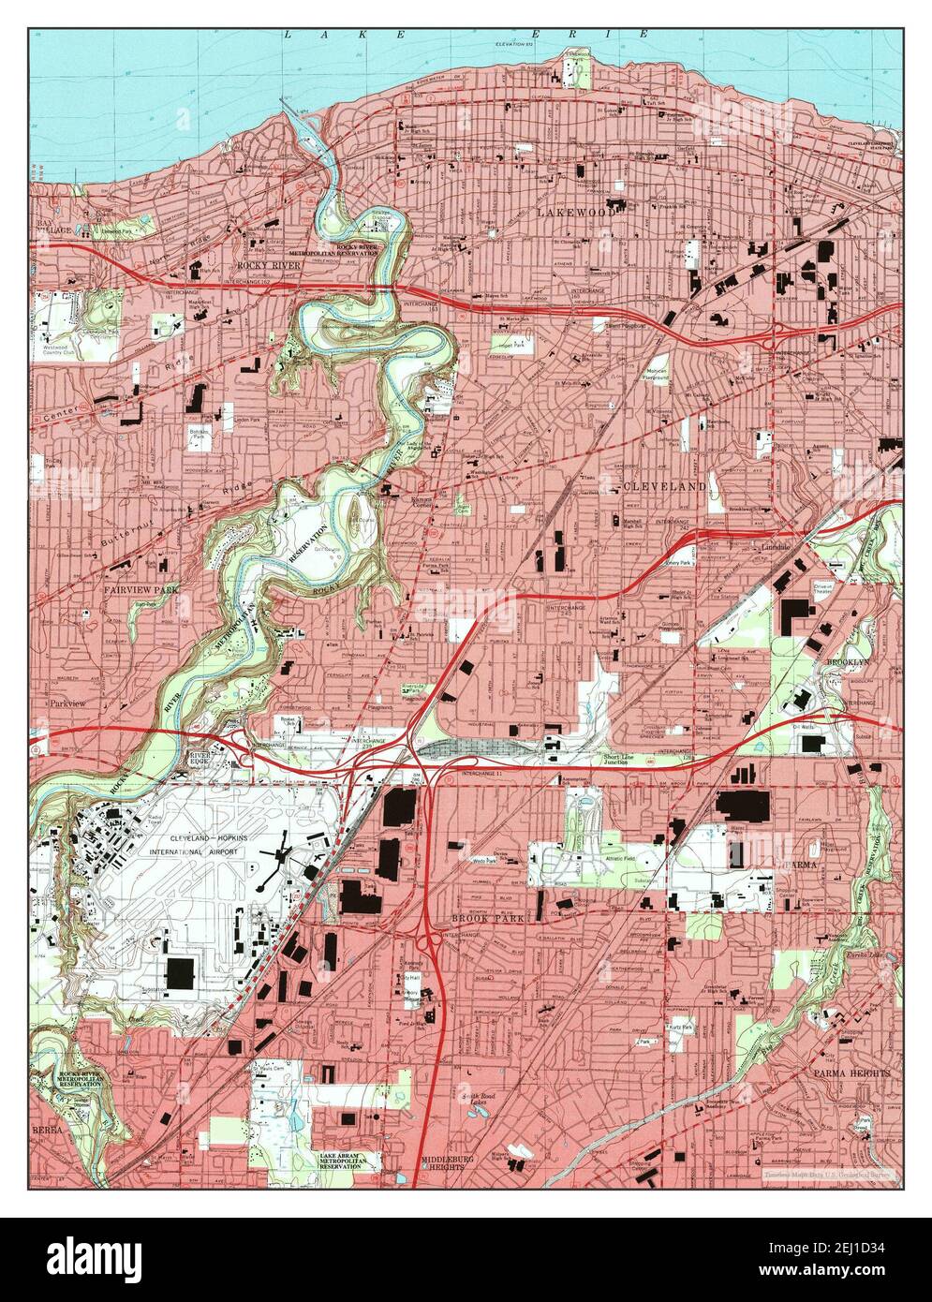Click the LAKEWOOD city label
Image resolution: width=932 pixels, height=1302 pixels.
tap(576, 214)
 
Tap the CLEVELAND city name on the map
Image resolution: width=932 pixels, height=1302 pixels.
tap(663, 487)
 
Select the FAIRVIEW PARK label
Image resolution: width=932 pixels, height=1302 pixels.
tap(141, 591)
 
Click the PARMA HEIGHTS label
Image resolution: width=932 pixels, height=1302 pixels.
tap(851, 1073)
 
